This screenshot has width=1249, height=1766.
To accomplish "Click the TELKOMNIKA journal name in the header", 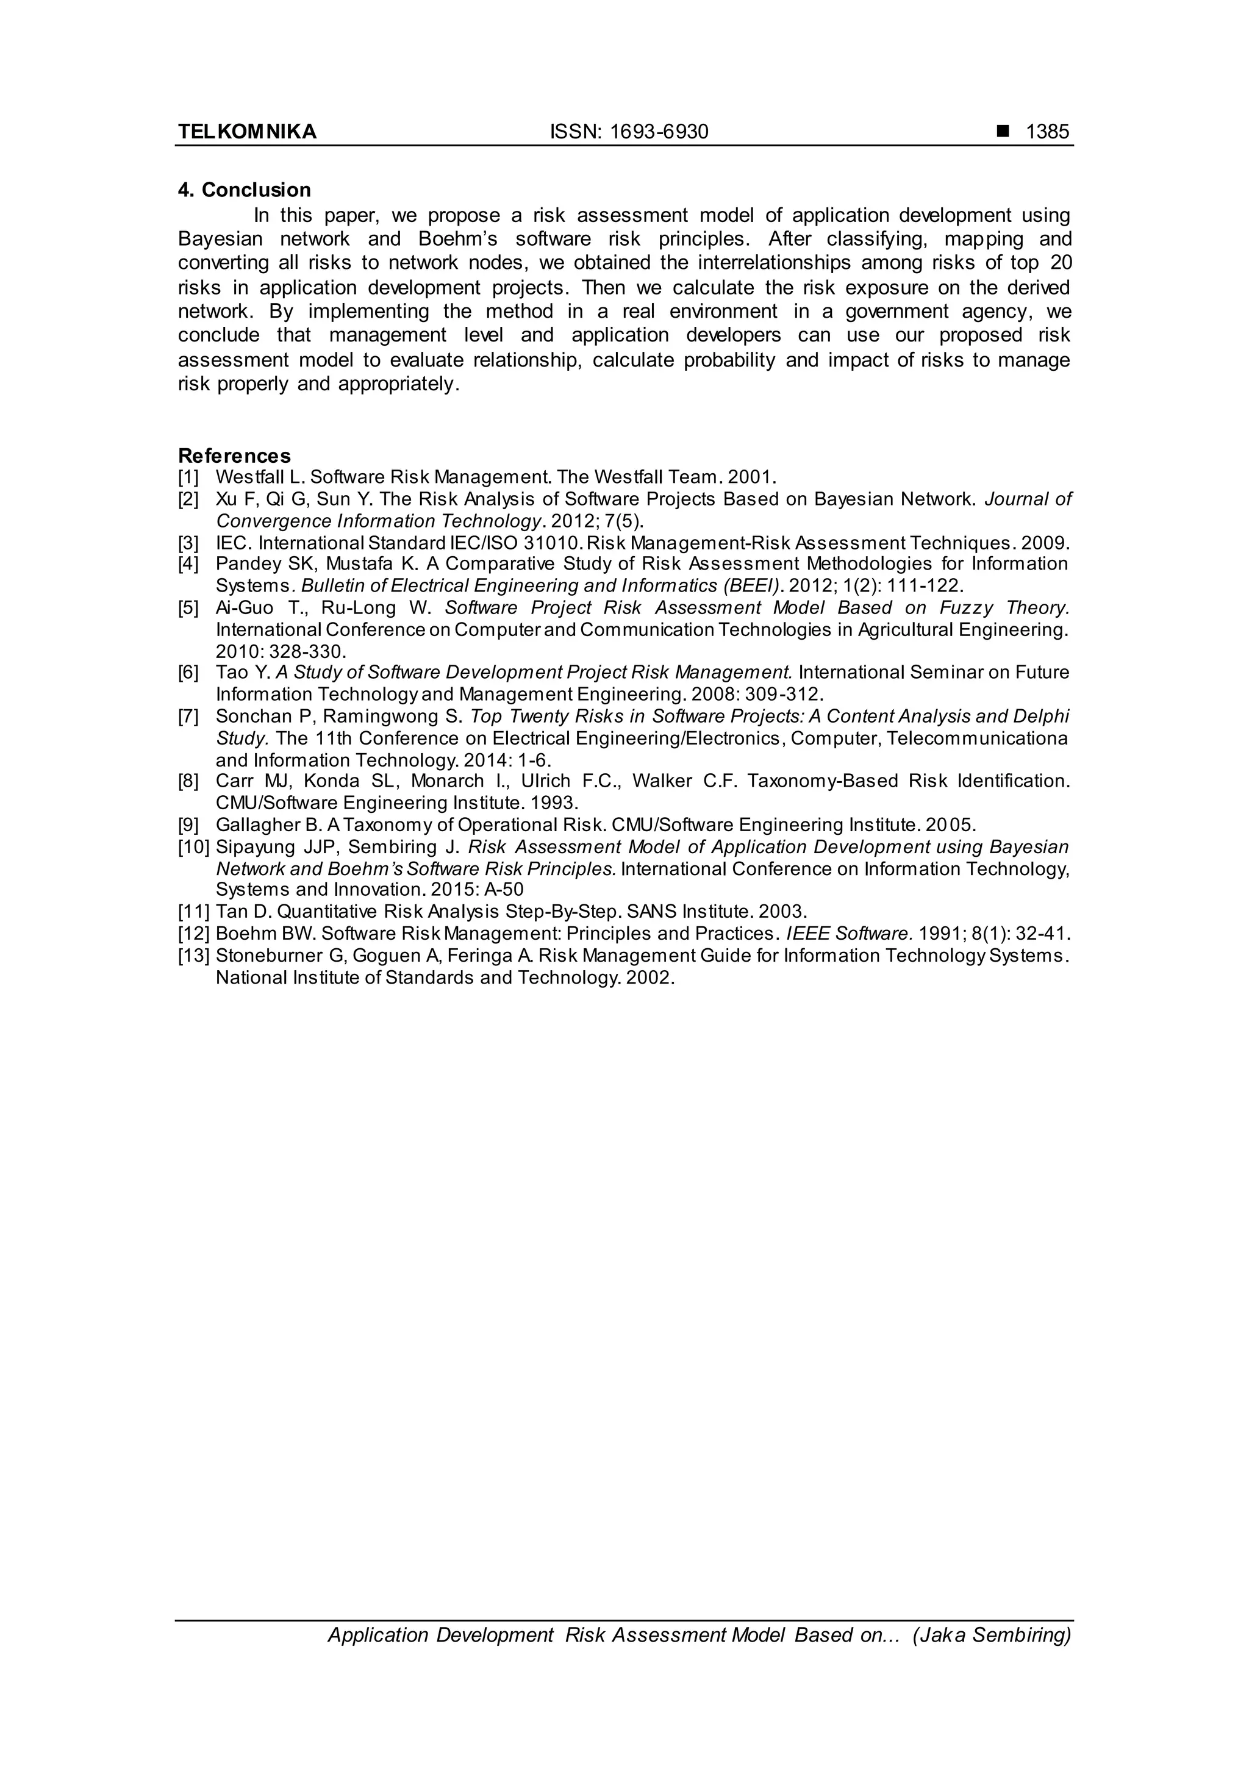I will (x=247, y=132).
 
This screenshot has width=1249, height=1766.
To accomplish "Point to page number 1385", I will (x=1048, y=132).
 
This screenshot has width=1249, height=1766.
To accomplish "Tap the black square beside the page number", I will (x=1002, y=132).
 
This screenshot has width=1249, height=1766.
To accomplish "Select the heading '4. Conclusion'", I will (x=245, y=190).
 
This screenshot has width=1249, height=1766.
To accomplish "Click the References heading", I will (x=235, y=456).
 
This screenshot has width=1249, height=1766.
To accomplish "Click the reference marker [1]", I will (x=188, y=477).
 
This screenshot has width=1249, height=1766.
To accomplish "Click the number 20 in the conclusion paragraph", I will (x=1061, y=263).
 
